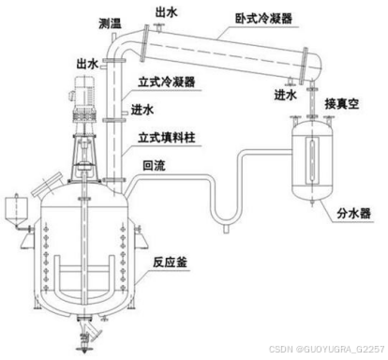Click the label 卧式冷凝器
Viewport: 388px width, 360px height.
(x=263, y=19)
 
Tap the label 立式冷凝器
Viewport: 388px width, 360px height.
(x=167, y=82)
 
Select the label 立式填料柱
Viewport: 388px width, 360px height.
(x=167, y=137)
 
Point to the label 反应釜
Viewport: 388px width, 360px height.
(x=170, y=262)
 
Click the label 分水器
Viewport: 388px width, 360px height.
(x=353, y=214)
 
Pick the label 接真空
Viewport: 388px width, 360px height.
(x=341, y=103)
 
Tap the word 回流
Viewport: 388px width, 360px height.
(x=154, y=166)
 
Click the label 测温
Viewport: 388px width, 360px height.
(x=110, y=22)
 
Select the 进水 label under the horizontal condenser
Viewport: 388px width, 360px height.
(x=285, y=94)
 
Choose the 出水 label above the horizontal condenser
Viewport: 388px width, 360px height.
(x=167, y=12)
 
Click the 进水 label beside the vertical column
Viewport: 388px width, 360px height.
(x=142, y=110)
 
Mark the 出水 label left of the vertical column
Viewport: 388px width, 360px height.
(x=87, y=64)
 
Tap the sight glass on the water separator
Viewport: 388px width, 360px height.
(x=312, y=160)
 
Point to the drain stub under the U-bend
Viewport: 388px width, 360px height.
(x=227, y=229)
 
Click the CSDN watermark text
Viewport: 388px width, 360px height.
(x=327, y=349)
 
